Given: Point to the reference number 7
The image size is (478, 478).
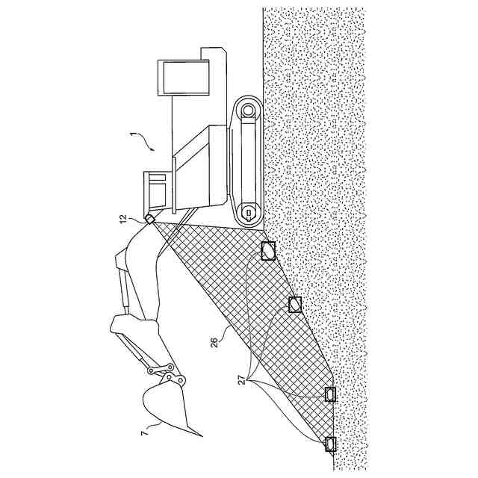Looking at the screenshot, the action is click(143, 429).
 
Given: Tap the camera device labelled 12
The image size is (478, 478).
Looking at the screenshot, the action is click(151, 219).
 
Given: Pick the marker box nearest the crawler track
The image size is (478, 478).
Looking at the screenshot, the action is click(268, 251).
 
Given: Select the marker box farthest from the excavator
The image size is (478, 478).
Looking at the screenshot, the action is click(330, 444).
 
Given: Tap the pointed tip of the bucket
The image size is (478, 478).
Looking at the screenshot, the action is click(199, 435).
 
